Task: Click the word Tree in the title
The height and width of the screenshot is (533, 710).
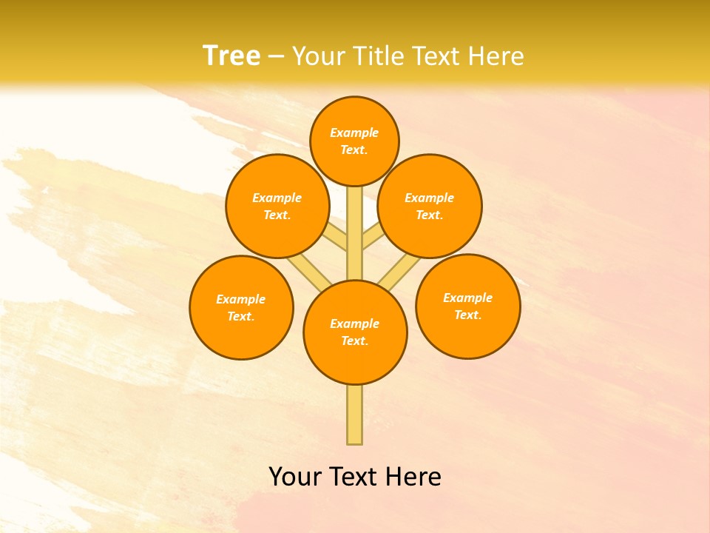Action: pyautogui.click(x=231, y=56)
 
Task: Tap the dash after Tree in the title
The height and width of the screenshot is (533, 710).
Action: pyautogui.click(x=277, y=56)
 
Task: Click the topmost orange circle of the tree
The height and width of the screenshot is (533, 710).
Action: pyautogui.click(x=354, y=141)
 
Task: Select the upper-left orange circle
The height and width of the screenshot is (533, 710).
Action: pyautogui.click(x=277, y=207)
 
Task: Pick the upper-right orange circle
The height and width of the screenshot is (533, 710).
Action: pyautogui.click(x=430, y=207)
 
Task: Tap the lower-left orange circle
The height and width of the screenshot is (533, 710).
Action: pyautogui.click(x=241, y=307)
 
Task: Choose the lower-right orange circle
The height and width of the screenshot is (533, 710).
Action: pyautogui.click(x=467, y=306)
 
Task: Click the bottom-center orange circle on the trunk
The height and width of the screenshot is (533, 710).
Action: pyautogui.click(x=355, y=332)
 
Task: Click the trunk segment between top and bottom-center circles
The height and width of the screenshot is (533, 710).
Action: pyautogui.click(x=355, y=233)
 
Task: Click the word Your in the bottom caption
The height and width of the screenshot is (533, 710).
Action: pyautogui.click(x=294, y=477)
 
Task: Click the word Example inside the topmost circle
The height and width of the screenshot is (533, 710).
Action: pyautogui.click(x=354, y=133)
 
